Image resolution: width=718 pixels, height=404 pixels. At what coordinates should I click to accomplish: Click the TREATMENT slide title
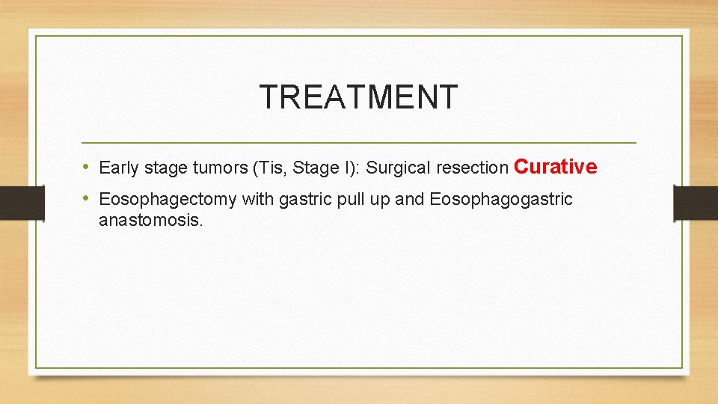coord(358,97)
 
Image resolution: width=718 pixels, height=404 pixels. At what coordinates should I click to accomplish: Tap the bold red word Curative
coord(555,166)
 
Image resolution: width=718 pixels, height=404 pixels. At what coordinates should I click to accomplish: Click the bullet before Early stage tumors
coord(87,167)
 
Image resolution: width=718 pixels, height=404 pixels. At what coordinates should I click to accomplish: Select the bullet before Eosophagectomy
coord(87,198)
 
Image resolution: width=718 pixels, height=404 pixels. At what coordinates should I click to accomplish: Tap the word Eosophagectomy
coord(168,200)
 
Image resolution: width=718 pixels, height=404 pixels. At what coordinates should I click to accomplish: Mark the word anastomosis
coord(150,221)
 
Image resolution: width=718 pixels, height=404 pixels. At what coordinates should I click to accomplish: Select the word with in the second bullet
coord(257,200)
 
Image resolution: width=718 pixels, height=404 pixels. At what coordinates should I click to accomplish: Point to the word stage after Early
coord(162,168)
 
